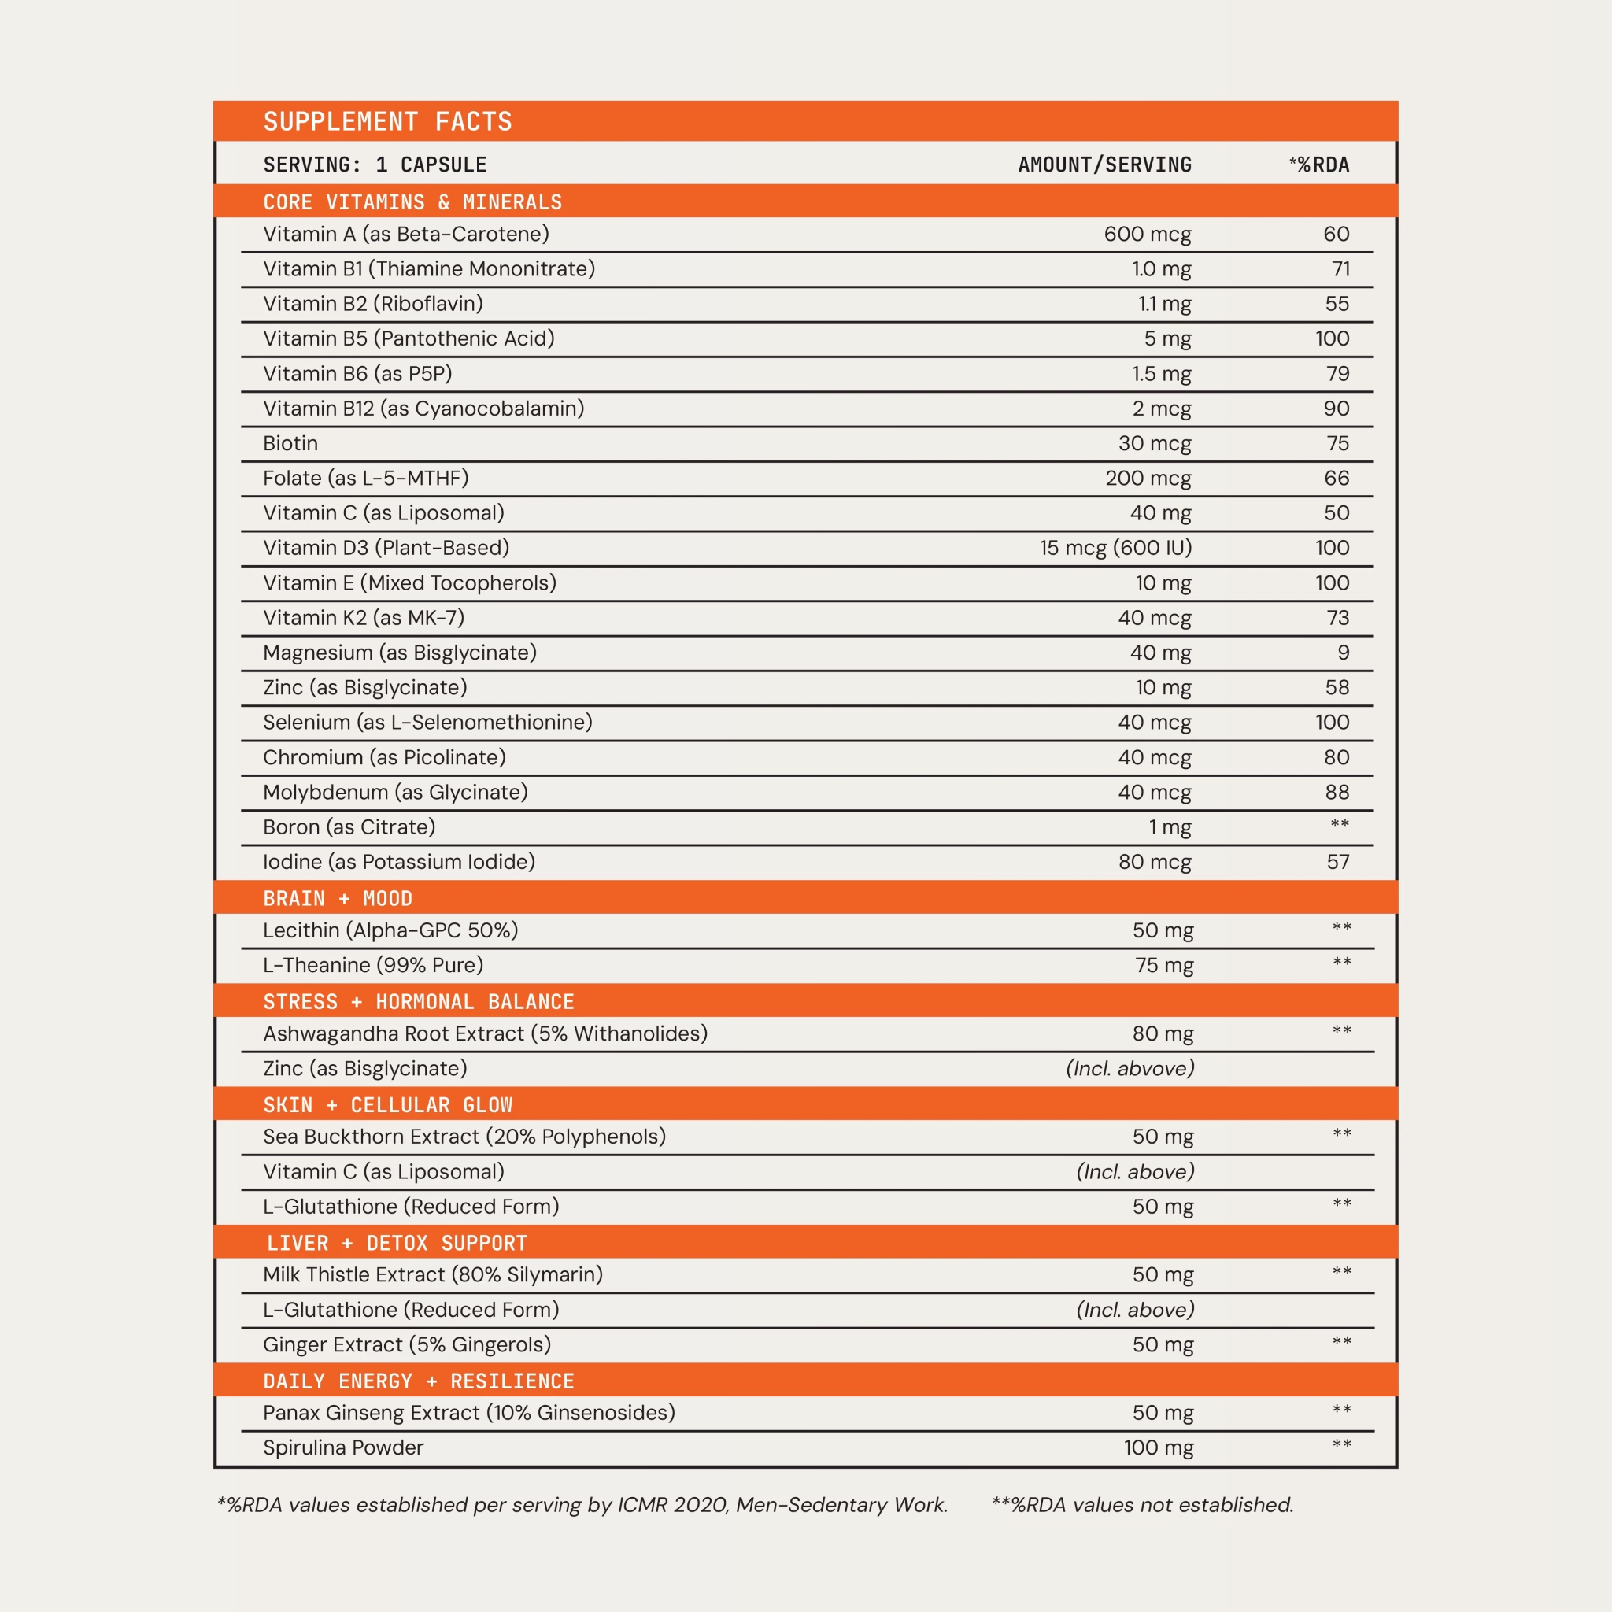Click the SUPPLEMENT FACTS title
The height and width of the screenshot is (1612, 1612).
click(387, 122)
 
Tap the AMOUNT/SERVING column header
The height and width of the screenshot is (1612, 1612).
click(1104, 165)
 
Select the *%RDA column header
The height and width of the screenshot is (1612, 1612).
click(1318, 165)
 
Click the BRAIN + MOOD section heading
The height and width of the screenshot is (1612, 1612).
click(337, 899)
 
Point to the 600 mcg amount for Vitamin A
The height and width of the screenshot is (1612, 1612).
click(1148, 235)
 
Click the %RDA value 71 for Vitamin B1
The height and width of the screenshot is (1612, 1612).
click(1340, 269)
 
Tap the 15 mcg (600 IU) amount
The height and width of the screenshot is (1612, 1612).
click(1115, 548)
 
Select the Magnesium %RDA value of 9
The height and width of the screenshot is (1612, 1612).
click(1343, 653)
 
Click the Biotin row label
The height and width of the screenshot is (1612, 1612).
click(290, 444)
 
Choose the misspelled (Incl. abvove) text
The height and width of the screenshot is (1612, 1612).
click(1130, 1069)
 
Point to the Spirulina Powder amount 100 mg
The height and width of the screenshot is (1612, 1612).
click(1158, 1447)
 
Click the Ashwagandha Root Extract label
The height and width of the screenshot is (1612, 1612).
click(485, 1033)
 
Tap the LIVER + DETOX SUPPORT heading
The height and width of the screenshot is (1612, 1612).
click(397, 1243)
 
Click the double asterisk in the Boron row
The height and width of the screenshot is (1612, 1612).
click(1339, 825)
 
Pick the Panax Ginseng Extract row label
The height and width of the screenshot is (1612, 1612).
click(468, 1413)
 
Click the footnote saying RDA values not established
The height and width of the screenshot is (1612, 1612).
click(1141, 1505)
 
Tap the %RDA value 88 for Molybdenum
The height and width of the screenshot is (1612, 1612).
click(1337, 793)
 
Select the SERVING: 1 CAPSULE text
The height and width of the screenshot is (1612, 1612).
click(375, 165)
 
